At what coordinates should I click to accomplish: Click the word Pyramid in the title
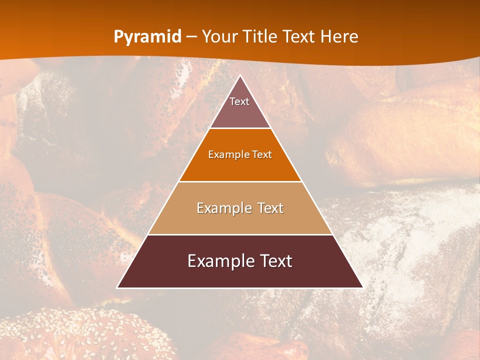(147, 37)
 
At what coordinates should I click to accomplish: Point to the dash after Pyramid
(191, 37)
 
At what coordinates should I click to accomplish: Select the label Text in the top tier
(239, 101)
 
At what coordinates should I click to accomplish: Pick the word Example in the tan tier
(219, 208)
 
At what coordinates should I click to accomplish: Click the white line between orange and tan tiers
(240, 181)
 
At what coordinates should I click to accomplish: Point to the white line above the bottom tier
(240, 234)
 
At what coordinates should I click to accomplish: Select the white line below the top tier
(240, 128)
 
